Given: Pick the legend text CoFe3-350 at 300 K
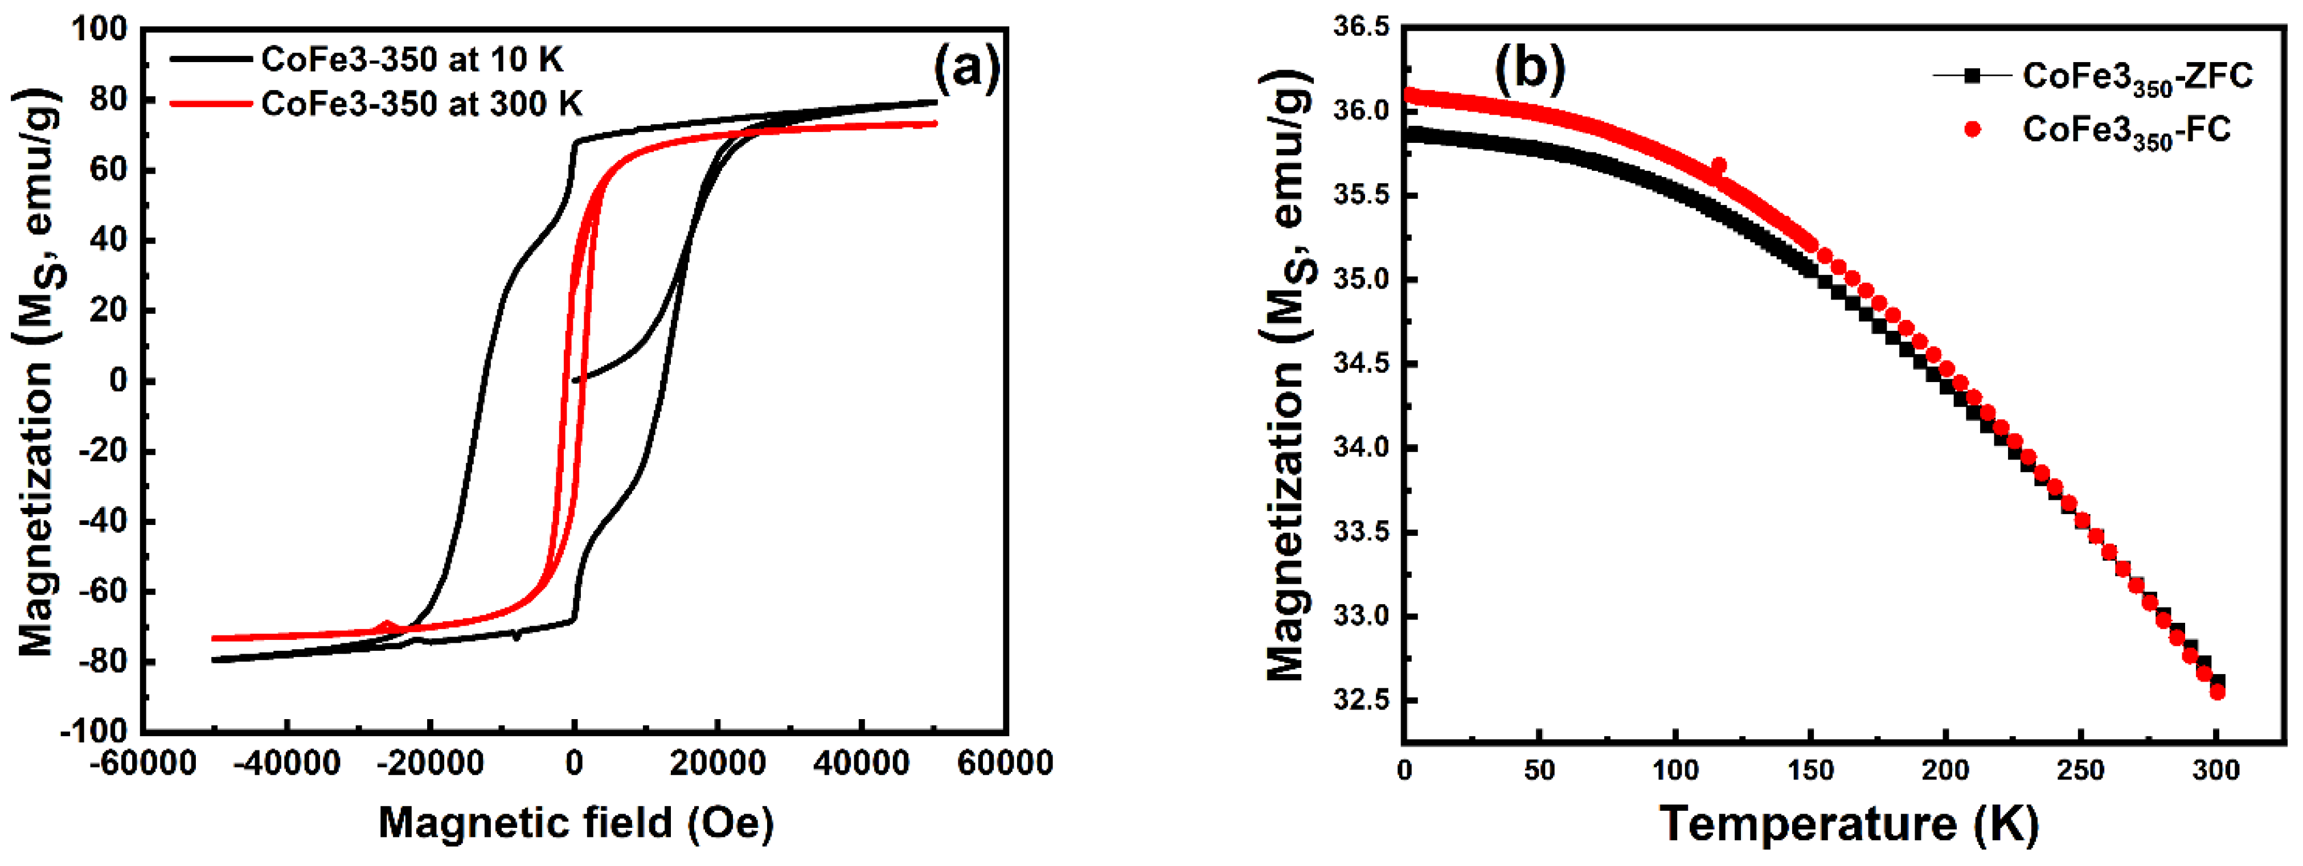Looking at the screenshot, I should point(421,105).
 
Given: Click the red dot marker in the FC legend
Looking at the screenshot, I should point(1972,130).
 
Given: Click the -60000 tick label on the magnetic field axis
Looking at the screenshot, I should point(142,764).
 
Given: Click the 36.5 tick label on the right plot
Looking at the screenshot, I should point(1362,28).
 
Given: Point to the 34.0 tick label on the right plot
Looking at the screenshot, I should point(1362,448).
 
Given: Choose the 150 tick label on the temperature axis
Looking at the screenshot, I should point(1810,770).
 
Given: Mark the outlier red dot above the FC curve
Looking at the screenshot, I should point(1718,166).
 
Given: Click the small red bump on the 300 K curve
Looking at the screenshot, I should point(386,626).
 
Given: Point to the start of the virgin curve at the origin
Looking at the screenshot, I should point(574,381).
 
